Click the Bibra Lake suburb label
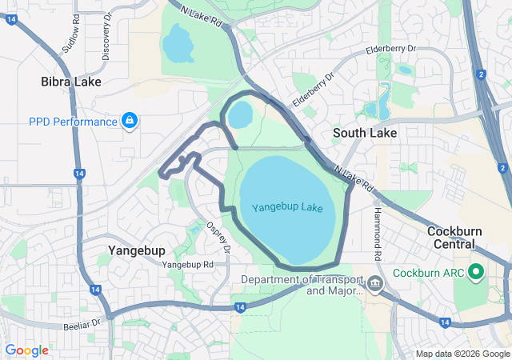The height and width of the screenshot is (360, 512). [70, 82]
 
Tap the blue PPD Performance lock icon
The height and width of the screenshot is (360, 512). [130, 121]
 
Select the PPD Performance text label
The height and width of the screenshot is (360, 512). [73, 122]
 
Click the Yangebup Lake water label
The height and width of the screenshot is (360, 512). [287, 208]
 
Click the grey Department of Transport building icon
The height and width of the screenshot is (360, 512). [374, 284]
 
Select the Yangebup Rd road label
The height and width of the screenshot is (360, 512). [187, 264]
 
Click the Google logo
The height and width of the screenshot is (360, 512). [26, 350]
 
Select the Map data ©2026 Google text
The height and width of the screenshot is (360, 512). [462, 354]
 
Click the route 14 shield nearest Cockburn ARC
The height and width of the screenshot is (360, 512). [444, 321]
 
